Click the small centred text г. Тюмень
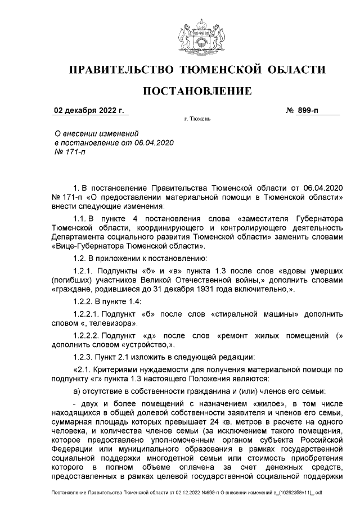click(x=197, y=120)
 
